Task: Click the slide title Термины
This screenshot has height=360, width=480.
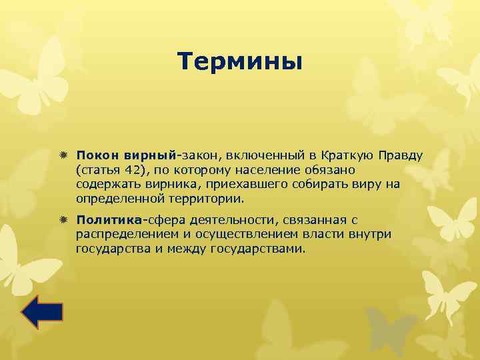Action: pos(240,62)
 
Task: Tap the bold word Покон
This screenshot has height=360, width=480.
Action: pos(95,155)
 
